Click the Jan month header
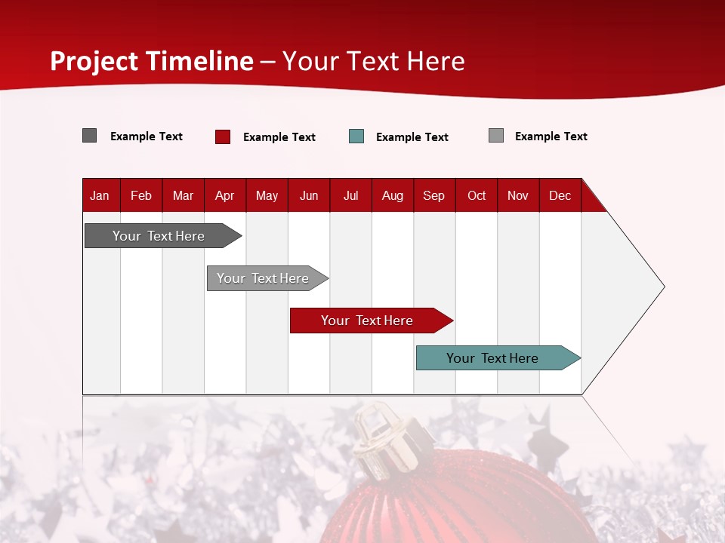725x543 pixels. tap(100, 195)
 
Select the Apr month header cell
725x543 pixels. tap(224, 195)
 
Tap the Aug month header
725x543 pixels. tap(392, 195)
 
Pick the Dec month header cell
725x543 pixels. tap(560, 195)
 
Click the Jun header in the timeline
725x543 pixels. tap(309, 195)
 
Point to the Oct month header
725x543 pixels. tap(477, 195)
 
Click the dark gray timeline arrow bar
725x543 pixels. tap(159, 236)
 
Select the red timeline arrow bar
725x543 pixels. tap(368, 321)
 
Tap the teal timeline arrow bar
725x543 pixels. tap(493, 358)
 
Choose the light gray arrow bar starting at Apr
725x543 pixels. tap(263, 278)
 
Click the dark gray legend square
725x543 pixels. tap(89, 136)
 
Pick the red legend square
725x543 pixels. tap(223, 137)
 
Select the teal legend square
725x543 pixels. tap(356, 137)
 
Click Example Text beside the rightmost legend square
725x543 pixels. tap(551, 137)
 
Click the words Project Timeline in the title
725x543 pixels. tap(151, 61)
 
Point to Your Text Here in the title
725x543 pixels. tap(374, 61)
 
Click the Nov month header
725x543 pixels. tap(518, 195)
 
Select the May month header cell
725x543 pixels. tap(267, 195)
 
